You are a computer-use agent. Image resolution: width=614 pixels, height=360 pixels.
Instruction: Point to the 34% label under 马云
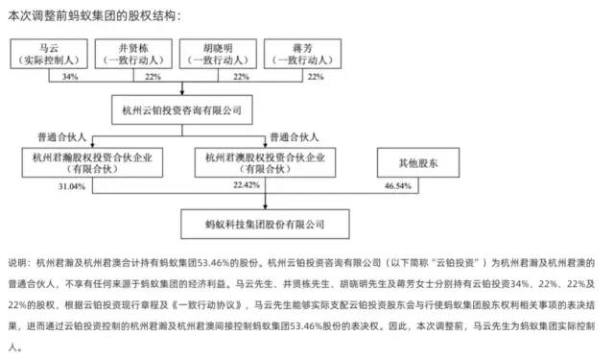tap(69, 76)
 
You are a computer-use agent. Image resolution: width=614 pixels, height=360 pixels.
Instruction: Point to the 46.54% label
tap(394, 184)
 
